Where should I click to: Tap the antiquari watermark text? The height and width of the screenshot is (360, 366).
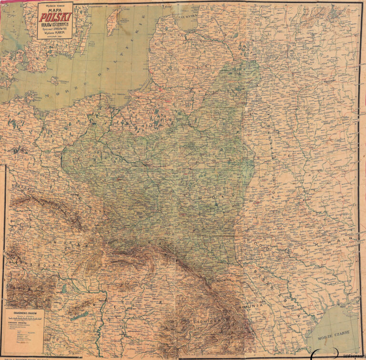pos(350,356)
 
